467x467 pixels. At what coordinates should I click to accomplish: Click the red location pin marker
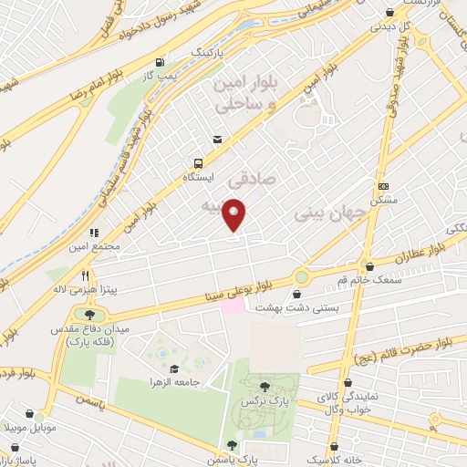pos(235,215)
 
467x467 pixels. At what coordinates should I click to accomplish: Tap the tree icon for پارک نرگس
pos(265,387)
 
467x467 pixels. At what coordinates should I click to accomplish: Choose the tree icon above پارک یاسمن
pos(232,444)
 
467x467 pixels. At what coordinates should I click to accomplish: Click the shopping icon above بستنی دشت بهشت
pos(298,294)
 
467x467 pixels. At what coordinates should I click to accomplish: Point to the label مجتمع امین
pos(92,246)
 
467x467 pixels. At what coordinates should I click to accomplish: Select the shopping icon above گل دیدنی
pos(391,12)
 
